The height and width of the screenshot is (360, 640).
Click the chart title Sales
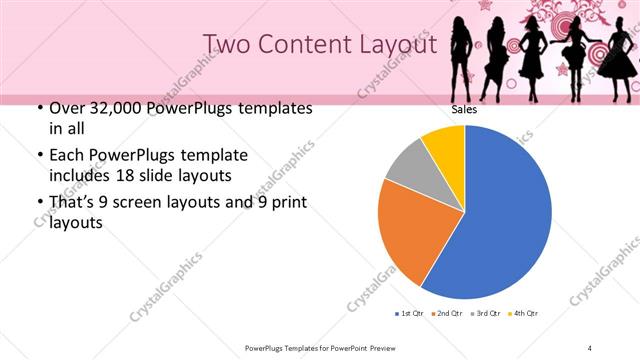pos(464,110)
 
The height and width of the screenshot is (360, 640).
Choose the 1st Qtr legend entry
pos(409,314)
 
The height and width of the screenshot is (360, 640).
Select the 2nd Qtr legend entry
pos(447,314)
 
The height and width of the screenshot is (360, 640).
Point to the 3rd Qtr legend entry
pos(486,314)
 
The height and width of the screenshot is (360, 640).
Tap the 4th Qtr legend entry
pos(524,314)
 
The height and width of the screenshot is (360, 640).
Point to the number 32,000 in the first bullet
pos(112,107)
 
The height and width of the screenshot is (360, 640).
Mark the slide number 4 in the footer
pos(590,347)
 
